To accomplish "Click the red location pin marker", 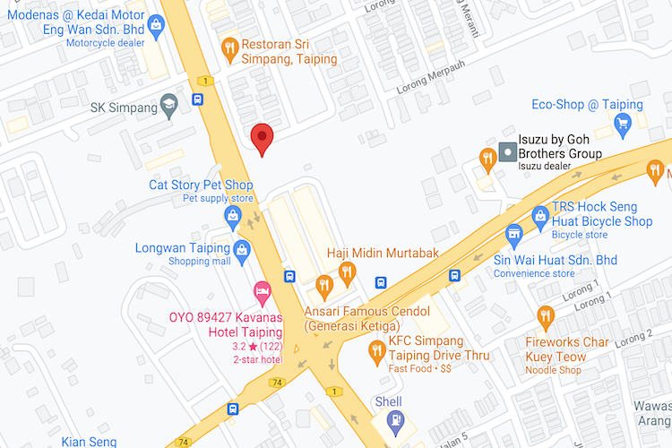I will [261, 138].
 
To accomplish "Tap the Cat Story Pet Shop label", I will [201, 185].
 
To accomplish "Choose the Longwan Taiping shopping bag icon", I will [241, 248].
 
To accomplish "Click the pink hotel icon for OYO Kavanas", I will [262, 290].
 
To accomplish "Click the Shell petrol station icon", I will [394, 419].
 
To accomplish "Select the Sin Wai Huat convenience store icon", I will [514, 236].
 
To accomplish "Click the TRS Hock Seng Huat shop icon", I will [540, 215].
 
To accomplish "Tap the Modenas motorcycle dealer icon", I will [157, 25].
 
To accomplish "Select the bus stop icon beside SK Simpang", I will [197, 99].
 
